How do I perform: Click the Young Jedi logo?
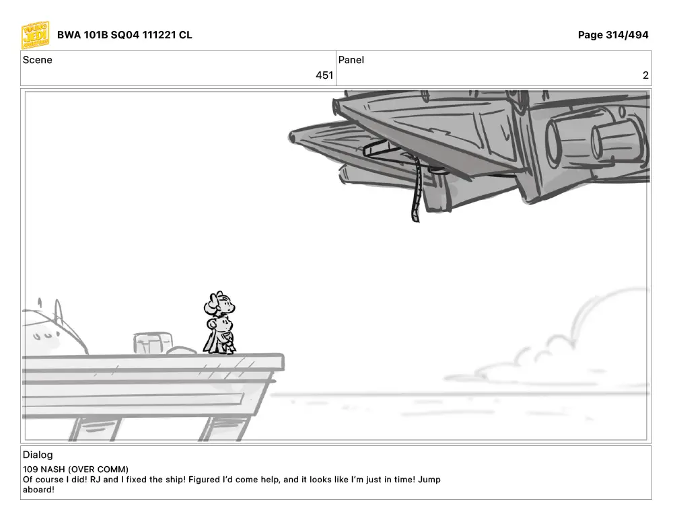click(x=35, y=35)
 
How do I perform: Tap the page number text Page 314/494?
click(x=613, y=35)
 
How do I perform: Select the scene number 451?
click(x=324, y=75)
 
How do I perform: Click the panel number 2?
click(x=645, y=75)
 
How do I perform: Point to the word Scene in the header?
click(x=37, y=60)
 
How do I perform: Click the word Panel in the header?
click(x=351, y=60)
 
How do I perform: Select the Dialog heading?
click(x=38, y=455)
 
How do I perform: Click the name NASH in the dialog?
click(x=52, y=470)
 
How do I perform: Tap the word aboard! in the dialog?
click(x=38, y=490)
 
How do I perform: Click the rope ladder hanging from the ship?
click(x=415, y=189)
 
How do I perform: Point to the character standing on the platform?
click(x=219, y=323)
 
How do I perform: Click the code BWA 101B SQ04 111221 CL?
click(x=125, y=35)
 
